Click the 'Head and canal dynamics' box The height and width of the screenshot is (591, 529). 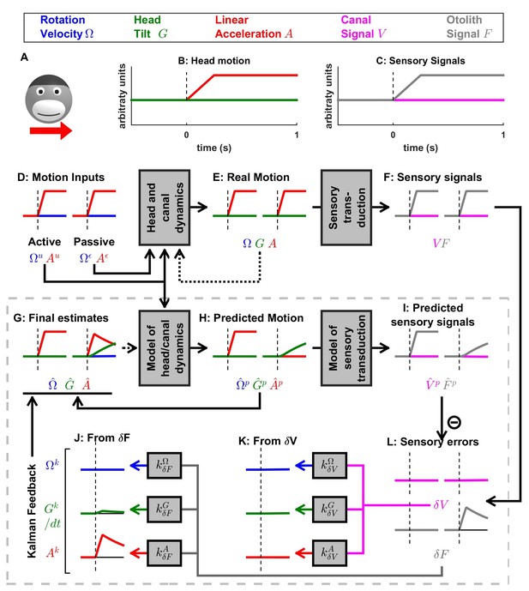point(165,208)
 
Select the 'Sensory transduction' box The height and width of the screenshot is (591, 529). point(346,208)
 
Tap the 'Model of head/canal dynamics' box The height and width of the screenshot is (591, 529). point(165,348)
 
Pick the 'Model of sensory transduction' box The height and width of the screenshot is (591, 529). point(346,348)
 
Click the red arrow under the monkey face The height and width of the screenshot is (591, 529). point(51,130)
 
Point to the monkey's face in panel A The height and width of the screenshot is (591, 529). point(49,99)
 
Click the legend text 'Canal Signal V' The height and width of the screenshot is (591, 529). point(364,27)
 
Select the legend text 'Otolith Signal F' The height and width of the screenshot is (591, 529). point(470,27)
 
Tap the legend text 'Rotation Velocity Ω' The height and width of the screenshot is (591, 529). point(67,27)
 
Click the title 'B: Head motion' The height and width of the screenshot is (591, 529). point(213,61)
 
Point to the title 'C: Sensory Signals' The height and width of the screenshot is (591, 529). point(420,61)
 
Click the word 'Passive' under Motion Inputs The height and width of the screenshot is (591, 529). point(94,242)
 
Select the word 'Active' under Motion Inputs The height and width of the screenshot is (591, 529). point(45,242)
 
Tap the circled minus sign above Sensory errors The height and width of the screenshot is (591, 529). point(454,422)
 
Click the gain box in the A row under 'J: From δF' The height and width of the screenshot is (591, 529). point(165,553)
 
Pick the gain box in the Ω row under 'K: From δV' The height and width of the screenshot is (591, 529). point(330,466)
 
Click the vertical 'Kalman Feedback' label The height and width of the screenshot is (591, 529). point(32,511)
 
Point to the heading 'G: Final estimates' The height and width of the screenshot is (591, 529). point(61,318)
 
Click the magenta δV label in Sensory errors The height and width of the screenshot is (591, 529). point(441,504)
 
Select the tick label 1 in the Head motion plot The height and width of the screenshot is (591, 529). point(297,135)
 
